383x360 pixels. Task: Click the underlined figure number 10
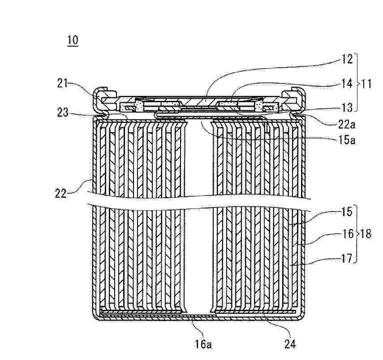pos(73,40)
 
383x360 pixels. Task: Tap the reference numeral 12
pos(347,59)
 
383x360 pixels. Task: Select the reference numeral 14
pos(347,83)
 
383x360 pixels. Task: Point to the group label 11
pos(366,84)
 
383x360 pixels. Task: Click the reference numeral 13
pos(347,107)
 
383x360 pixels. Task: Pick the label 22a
pos(346,125)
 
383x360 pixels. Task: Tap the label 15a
pos(346,140)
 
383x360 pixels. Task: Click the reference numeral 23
pos(63,113)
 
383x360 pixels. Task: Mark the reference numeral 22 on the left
pos(60,194)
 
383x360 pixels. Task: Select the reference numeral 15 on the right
pos(347,212)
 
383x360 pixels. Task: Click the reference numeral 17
pos(347,258)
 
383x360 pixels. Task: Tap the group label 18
pos(366,234)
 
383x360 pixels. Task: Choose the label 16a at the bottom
pos(203,344)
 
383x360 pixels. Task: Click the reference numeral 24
pos(290,344)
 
